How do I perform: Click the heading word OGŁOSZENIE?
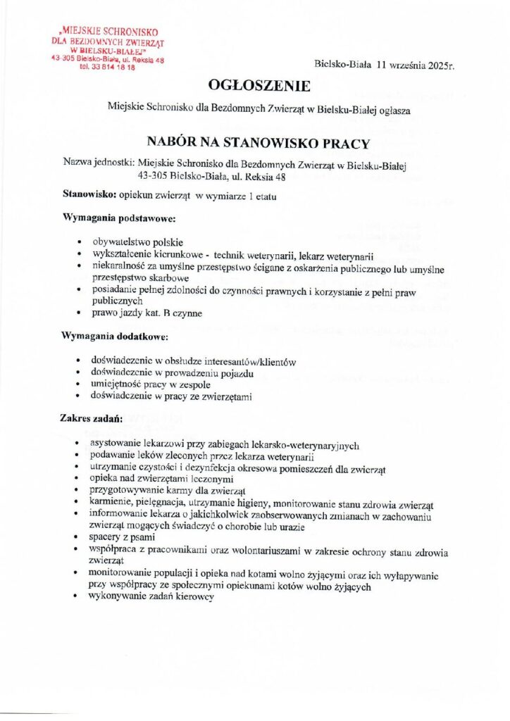coord(259,86)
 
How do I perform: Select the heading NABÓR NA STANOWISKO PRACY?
coord(259,144)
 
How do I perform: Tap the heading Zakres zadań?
coord(93,420)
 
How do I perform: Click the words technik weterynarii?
coord(257,254)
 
